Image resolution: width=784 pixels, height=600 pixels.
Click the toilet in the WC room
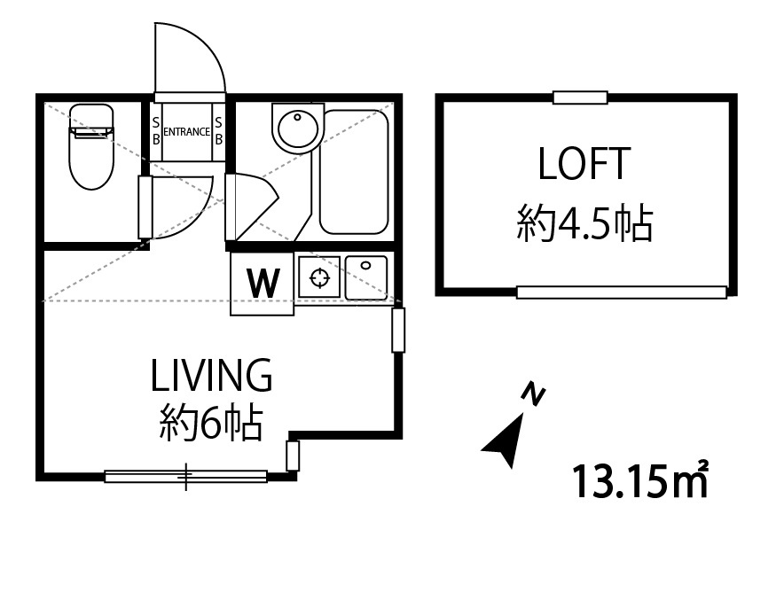[x=91, y=146]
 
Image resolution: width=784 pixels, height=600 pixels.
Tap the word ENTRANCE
[x=186, y=132]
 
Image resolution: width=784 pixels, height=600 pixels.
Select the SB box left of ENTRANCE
[x=156, y=131]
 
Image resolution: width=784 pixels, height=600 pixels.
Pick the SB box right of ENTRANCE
[x=218, y=131]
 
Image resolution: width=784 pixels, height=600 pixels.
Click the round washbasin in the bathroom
[x=298, y=128]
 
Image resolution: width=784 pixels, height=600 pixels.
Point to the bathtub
[x=354, y=172]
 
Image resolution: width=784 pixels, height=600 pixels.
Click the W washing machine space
[x=262, y=284]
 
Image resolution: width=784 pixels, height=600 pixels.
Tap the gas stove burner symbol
[x=319, y=277]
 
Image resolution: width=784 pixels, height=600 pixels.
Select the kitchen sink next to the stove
[x=366, y=277]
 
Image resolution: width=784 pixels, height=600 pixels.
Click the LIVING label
[x=211, y=375]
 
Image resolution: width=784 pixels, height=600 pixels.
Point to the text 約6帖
[x=211, y=424]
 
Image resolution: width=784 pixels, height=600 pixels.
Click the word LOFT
[x=583, y=163]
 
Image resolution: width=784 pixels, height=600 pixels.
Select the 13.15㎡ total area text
[x=639, y=480]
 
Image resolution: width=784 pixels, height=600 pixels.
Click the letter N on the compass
[x=533, y=394]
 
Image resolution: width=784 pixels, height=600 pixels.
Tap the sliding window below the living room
[x=186, y=476]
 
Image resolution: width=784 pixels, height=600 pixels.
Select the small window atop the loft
[x=580, y=97]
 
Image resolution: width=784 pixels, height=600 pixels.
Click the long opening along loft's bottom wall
[x=622, y=292]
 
